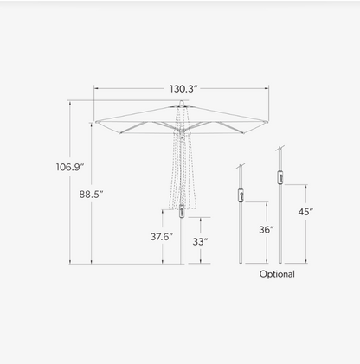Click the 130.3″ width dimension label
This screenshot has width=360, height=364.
point(183,89)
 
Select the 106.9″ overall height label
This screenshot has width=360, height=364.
point(70,167)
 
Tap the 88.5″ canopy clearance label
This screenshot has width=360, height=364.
point(91,195)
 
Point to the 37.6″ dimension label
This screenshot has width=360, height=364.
point(162,237)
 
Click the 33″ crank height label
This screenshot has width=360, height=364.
point(200,242)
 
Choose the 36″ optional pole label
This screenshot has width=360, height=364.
point(267,230)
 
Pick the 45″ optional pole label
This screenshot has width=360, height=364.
point(305,212)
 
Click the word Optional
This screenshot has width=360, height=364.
point(277,274)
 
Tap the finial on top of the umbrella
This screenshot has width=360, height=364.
point(182,103)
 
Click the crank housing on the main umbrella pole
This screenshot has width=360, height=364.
point(182,211)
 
